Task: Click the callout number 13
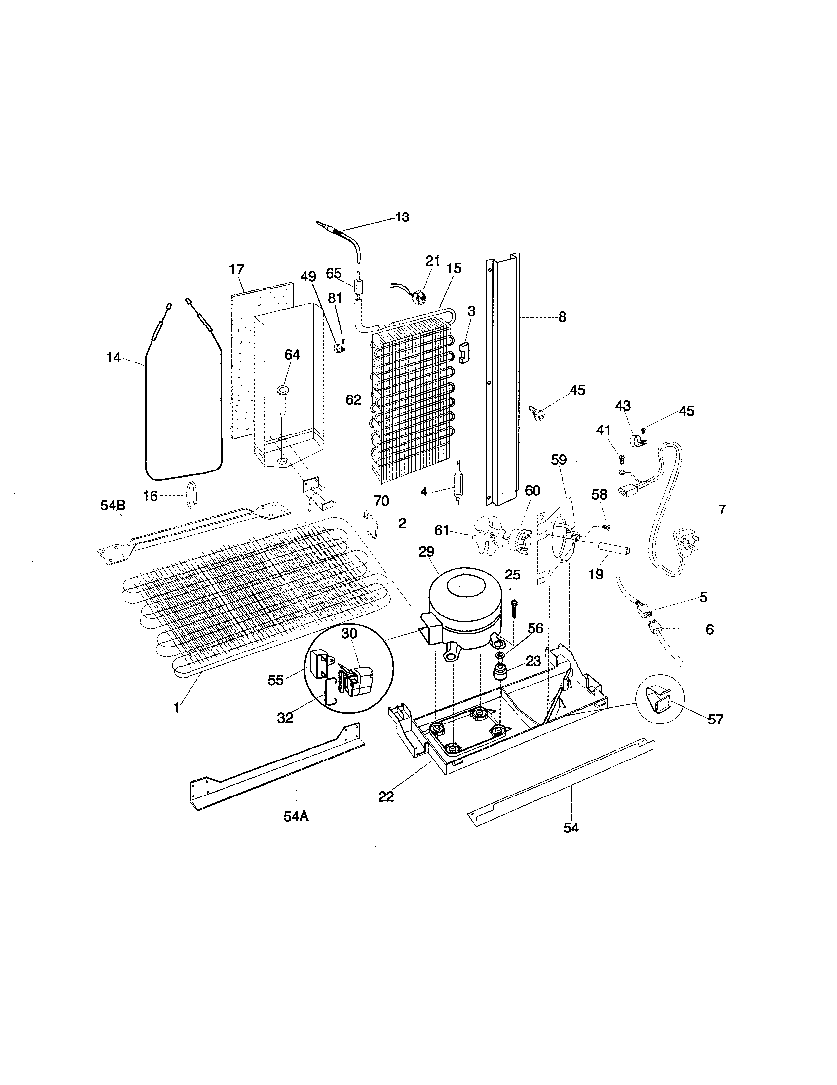pyautogui.click(x=402, y=217)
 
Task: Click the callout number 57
pyautogui.click(x=715, y=719)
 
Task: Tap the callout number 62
pyautogui.click(x=353, y=399)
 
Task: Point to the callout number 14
pyautogui.click(x=114, y=357)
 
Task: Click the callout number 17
pyautogui.click(x=236, y=269)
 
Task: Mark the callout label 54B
pyautogui.click(x=113, y=506)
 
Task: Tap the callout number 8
pyautogui.click(x=562, y=317)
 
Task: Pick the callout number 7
pyautogui.click(x=722, y=509)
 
